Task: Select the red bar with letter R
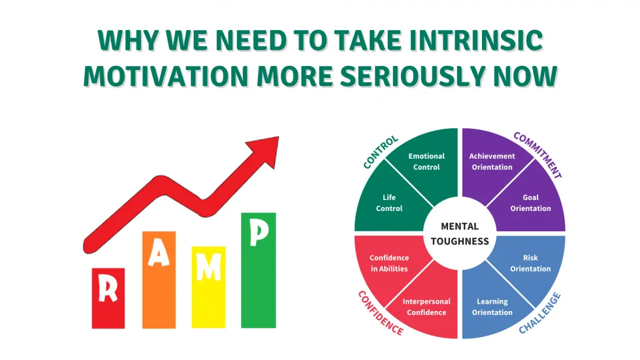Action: click(x=108, y=298)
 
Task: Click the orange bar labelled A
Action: click(x=159, y=280)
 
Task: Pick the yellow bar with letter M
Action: click(x=208, y=287)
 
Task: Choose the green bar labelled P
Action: click(x=259, y=270)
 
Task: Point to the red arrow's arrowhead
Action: click(x=266, y=150)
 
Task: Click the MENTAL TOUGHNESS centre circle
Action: click(x=460, y=233)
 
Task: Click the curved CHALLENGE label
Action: click(x=539, y=313)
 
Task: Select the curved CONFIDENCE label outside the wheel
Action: click(x=380, y=313)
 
